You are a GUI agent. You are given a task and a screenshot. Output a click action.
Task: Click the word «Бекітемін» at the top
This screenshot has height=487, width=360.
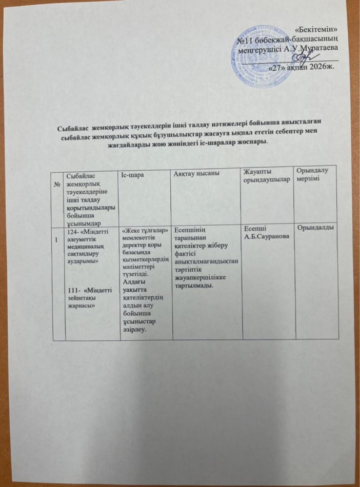(x=316, y=30)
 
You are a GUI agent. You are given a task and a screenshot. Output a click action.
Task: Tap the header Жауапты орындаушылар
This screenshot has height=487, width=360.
(x=264, y=181)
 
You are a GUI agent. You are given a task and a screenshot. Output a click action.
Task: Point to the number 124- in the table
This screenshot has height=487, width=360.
(x=75, y=232)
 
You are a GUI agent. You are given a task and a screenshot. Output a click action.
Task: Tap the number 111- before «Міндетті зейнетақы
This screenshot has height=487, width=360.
(x=75, y=291)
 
